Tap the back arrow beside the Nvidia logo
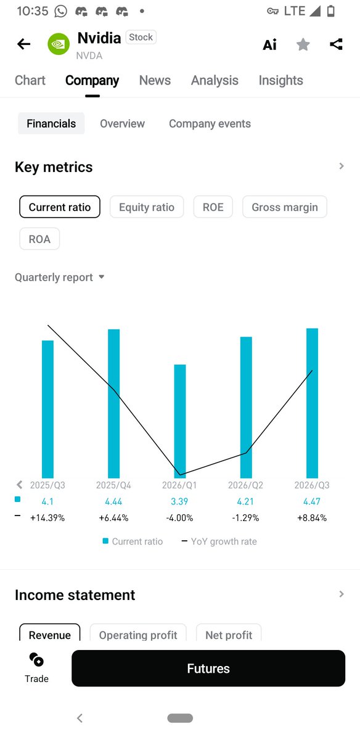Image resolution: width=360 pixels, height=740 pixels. point(24,44)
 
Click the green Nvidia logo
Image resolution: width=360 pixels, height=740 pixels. point(59,44)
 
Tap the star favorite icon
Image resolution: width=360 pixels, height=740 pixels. point(303,44)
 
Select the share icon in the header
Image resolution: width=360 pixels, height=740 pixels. point(336,44)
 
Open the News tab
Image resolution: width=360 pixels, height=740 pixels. point(155,80)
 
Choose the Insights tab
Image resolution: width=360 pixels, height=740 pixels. point(280,80)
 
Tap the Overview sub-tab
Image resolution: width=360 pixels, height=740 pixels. point(122,123)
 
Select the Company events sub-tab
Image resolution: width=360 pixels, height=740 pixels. point(210,123)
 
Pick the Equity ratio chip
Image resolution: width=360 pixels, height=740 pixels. point(147,207)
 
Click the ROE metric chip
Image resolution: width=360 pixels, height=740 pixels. point(213,207)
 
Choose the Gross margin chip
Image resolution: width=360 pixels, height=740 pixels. point(285,207)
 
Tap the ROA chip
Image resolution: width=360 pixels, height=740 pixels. point(39,239)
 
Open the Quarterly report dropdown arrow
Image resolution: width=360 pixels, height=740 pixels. point(102,277)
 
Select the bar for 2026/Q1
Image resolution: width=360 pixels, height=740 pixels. point(180,421)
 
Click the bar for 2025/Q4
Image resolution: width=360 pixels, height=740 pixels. point(114,403)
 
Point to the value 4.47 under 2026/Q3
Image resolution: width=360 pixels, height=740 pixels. point(312,501)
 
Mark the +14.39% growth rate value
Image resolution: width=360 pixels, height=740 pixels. point(47,517)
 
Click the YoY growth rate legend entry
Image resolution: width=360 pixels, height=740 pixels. point(219,541)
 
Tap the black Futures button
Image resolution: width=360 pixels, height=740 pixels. point(208,668)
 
